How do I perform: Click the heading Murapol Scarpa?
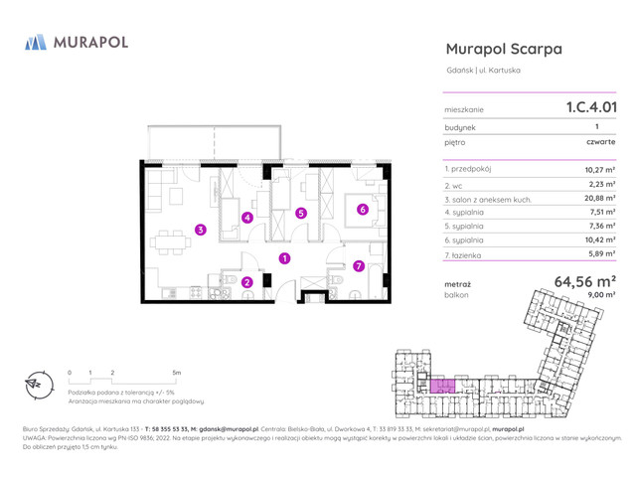click(504, 49)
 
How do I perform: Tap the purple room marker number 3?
click(200, 230)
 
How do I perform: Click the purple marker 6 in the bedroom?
click(363, 210)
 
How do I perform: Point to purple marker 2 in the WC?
click(247, 283)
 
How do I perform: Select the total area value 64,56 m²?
click(584, 281)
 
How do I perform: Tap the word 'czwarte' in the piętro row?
click(600, 142)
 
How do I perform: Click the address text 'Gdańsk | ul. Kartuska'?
click(483, 70)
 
